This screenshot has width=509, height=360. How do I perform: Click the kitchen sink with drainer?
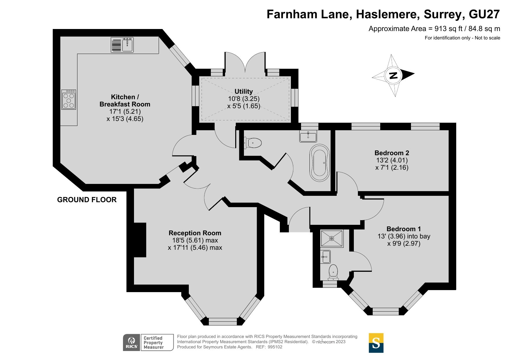pos(122,45)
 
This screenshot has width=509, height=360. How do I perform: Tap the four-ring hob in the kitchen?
pos(69,100)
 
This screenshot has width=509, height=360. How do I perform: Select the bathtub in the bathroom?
pos(320,163)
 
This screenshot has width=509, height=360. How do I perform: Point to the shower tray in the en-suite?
pos(332,238)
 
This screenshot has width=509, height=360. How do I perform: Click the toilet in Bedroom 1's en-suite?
pos(333,272)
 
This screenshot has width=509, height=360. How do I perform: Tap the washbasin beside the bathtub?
pos(308,136)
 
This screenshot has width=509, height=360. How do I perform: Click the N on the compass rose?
pos(393,75)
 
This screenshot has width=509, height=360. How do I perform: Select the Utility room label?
pos(244,91)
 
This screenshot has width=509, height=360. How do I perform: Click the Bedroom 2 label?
pos(392,153)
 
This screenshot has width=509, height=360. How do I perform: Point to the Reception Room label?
pos(195,233)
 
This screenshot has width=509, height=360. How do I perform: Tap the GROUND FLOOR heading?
pos(87,200)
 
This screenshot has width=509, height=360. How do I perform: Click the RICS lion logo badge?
pos(131,343)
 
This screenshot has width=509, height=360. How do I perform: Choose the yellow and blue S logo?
pos(376,343)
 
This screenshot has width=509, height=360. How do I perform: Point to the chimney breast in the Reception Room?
pos(140,240)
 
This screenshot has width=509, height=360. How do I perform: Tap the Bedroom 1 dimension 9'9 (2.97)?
pos(404,243)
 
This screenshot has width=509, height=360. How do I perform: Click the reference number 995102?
pos(275,347)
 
